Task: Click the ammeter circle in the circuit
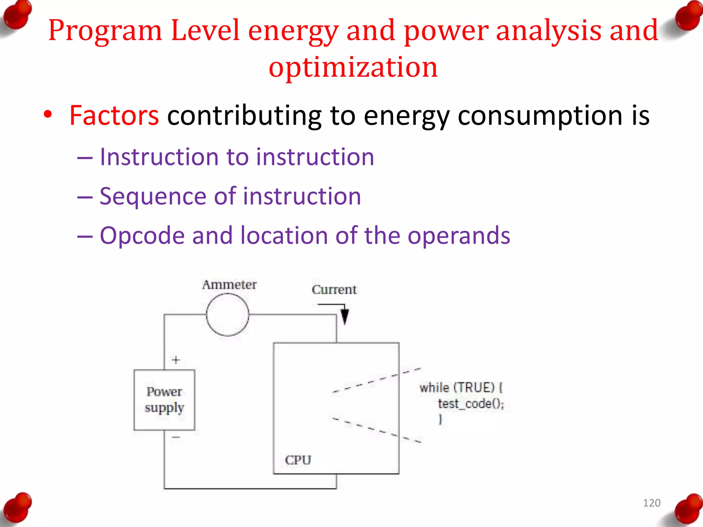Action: click(228, 315)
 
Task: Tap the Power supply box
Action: click(164, 400)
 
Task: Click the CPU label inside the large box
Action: click(298, 460)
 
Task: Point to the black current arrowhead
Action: click(345, 316)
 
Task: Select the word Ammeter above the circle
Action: click(229, 285)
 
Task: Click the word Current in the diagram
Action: click(334, 290)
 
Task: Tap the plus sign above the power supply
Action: click(176, 360)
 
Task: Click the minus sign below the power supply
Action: click(176, 437)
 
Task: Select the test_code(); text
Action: click(471, 404)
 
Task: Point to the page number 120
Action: click(652, 503)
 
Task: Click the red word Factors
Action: click(114, 116)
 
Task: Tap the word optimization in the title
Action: click(353, 67)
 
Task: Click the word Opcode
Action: click(142, 236)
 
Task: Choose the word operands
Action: click(459, 236)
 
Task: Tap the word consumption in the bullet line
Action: click(540, 116)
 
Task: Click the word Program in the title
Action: click(105, 31)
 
